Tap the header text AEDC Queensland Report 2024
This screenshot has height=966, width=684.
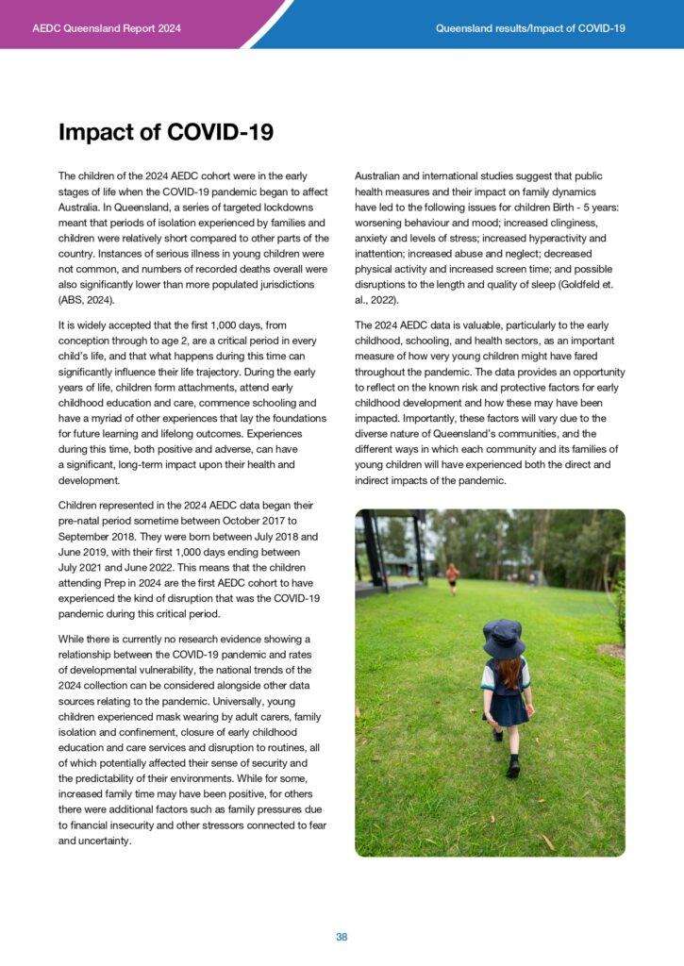point(106,28)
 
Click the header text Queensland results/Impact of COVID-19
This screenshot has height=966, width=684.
point(530,28)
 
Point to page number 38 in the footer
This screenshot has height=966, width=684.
point(342,937)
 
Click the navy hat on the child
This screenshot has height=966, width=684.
point(503,638)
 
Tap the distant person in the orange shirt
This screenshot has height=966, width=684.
point(453,574)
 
